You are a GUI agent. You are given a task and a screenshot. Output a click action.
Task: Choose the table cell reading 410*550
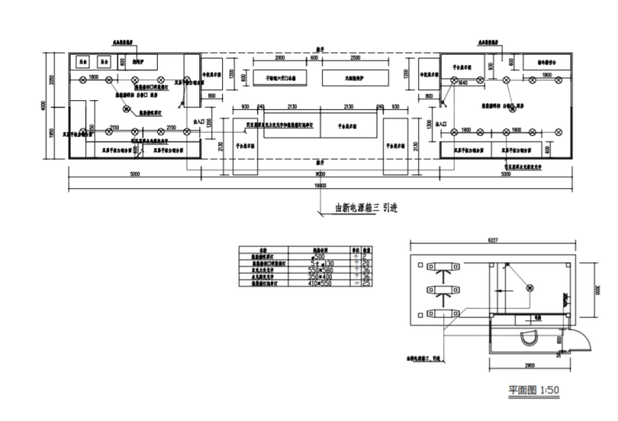coord(316,283)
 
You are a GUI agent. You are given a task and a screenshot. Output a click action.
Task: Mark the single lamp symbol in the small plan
coord(529,287)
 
